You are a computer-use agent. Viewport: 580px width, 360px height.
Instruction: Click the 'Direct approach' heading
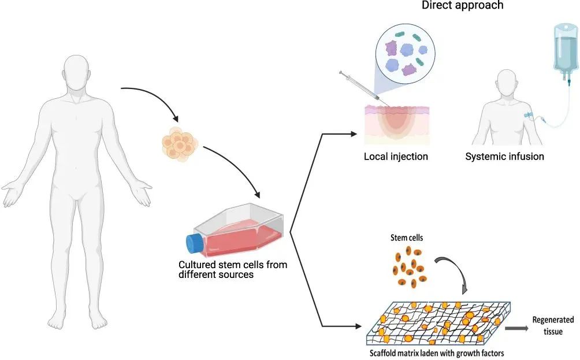(x=462, y=6)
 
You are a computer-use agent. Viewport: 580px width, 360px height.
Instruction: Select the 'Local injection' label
(x=396, y=157)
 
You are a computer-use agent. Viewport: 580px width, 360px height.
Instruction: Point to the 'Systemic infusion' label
(x=504, y=157)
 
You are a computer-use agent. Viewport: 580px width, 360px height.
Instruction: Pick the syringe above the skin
(x=358, y=87)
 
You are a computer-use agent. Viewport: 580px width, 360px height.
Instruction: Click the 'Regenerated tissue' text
(x=553, y=325)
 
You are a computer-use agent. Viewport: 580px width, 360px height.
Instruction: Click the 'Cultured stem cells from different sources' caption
(x=232, y=270)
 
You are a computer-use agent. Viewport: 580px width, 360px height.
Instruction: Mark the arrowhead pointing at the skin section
(x=354, y=134)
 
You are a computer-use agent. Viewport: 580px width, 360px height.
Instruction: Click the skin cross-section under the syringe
(x=396, y=124)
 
